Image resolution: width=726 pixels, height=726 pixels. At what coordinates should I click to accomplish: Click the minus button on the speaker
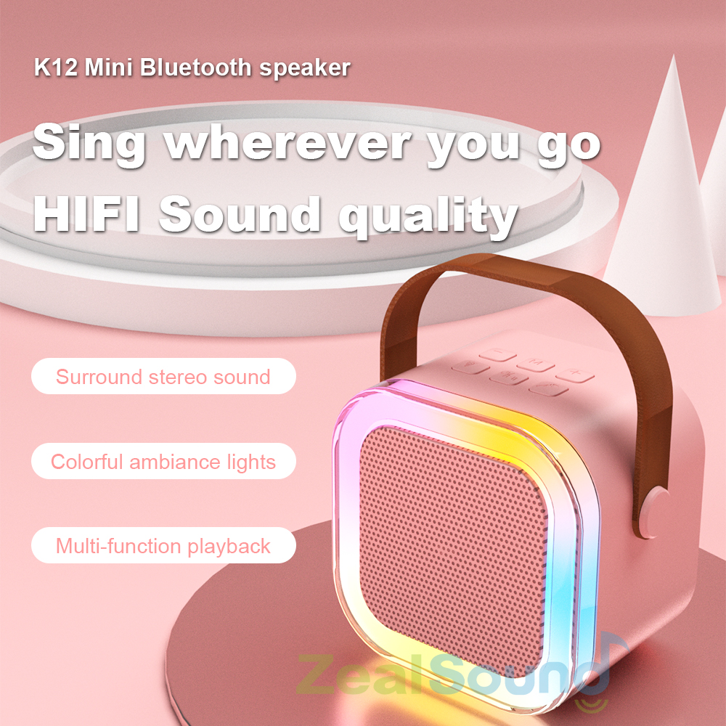click(497, 356)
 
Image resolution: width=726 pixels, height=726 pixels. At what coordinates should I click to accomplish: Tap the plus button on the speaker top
click(575, 374)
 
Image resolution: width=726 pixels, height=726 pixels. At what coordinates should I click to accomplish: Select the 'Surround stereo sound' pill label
click(163, 377)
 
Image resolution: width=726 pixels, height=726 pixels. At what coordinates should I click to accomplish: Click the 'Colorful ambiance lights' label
click(163, 462)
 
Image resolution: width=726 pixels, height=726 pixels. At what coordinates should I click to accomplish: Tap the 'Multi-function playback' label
click(163, 546)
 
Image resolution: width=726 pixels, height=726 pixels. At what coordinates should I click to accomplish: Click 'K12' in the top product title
click(56, 68)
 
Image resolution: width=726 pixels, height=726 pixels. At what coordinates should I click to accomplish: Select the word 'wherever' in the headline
click(289, 144)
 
